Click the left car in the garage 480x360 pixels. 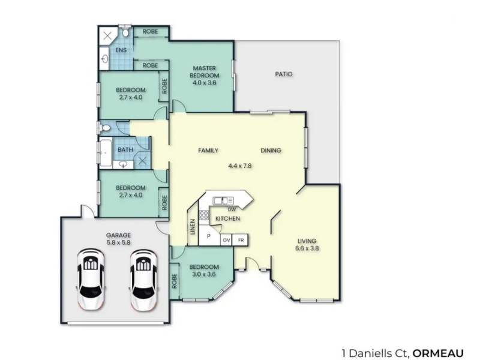(91, 280)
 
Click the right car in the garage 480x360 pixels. (143, 280)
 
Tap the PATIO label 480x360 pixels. (283, 74)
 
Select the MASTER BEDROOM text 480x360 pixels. (204, 71)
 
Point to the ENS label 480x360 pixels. (121, 50)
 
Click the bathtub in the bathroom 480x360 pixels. (106, 152)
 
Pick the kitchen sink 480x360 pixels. (223, 201)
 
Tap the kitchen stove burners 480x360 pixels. (203, 215)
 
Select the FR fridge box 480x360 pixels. (241, 241)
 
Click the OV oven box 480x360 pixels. (226, 241)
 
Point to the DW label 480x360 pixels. (232, 209)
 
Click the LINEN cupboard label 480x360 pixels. (193, 227)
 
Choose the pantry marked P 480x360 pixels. (209, 235)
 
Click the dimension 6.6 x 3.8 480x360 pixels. (307, 248)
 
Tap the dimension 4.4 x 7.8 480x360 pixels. (240, 166)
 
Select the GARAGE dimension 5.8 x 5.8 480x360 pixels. (118, 242)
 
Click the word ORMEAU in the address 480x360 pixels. (438, 353)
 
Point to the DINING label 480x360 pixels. (271, 151)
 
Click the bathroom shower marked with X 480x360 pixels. (142, 160)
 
